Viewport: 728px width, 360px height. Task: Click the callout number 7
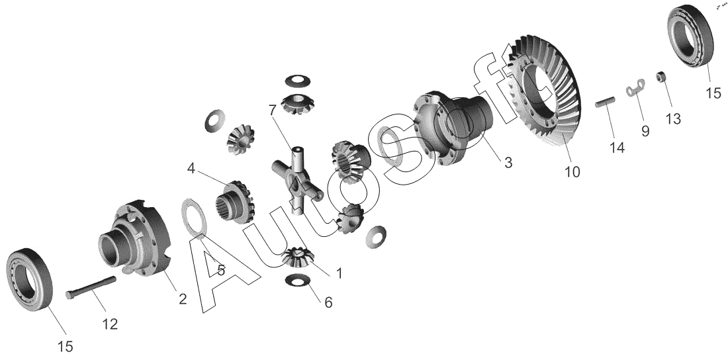(x=273, y=111)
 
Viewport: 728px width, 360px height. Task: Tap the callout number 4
(x=191, y=168)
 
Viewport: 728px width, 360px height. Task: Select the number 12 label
(x=110, y=324)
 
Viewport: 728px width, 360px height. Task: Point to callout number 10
(x=572, y=172)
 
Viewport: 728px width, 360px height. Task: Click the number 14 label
(x=617, y=148)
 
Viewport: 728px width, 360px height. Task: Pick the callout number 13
(x=673, y=119)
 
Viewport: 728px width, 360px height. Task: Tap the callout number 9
(x=645, y=132)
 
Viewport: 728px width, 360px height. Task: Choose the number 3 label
(x=508, y=163)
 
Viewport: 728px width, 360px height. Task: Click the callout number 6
(x=328, y=303)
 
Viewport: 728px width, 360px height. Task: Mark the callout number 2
(x=183, y=299)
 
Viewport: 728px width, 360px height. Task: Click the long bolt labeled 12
(x=91, y=287)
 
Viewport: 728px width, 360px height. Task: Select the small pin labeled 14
(x=605, y=102)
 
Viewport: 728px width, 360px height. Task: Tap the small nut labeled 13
(x=661, y=76)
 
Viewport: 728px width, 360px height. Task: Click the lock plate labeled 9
(x=635, y=87)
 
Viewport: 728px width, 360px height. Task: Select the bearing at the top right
(x=690, y=36)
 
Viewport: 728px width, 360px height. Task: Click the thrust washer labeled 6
(x=298, y=280)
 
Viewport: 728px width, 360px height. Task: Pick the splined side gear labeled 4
(x=236, y=202)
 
